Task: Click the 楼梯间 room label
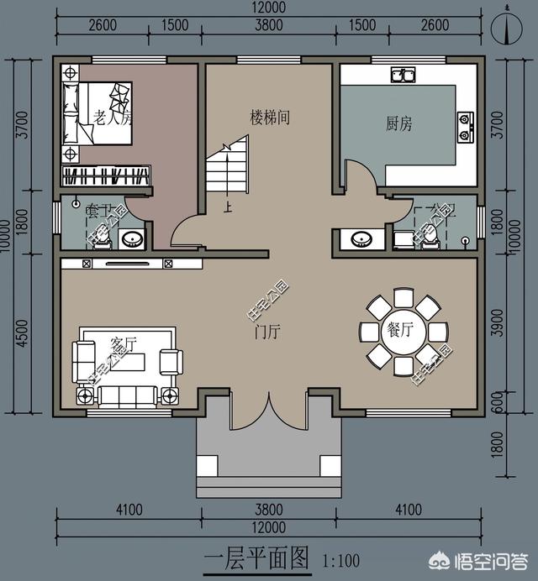point(270,117)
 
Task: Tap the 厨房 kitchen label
point(398,124)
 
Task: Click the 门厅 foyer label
point(267,332)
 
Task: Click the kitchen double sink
point(402,75)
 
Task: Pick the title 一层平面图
point(256,558)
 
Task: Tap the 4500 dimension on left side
point(22,332)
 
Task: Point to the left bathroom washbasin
point(131,239)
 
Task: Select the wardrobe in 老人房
point(106,176)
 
